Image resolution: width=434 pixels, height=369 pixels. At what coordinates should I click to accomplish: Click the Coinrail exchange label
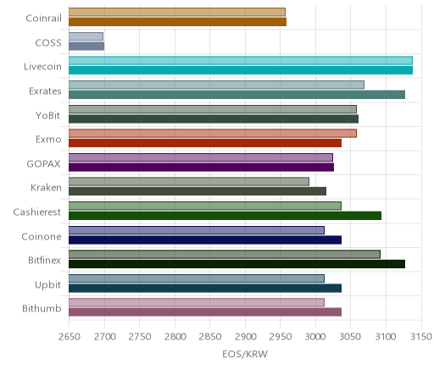click(43, 19)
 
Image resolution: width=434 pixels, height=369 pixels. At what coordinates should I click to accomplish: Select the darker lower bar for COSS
click(86, 46)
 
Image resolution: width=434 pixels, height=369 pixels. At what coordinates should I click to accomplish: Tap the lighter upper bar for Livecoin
click(241, 60)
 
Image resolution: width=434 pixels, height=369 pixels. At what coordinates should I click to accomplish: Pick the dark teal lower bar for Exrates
click(236, 95)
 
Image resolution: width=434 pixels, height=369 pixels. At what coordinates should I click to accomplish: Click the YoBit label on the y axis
click(48, 115)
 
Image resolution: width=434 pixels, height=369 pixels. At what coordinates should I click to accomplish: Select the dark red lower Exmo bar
click(205, 143)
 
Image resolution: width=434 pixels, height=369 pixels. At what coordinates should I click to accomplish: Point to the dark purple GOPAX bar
click(201, 168)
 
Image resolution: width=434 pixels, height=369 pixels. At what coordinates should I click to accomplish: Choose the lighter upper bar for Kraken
click(189, 181)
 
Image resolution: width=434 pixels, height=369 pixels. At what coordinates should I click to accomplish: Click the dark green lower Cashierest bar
click(225, 216)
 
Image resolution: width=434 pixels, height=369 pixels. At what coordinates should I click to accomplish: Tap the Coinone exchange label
click(42, 236)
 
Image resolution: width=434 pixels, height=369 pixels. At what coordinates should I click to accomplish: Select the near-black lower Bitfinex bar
click(236, 264)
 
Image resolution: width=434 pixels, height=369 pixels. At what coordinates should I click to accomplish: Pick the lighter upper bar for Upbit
click(197, 278)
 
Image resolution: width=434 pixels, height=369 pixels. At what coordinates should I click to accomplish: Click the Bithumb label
click(42, 309)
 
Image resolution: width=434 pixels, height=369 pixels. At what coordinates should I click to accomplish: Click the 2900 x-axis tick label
click(245, 337)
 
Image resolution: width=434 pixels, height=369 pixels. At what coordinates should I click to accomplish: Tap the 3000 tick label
click(315, 337)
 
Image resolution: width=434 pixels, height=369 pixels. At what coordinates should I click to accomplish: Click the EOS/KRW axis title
click(245, 354)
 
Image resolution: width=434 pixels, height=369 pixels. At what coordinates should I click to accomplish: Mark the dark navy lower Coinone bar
click(205, 240)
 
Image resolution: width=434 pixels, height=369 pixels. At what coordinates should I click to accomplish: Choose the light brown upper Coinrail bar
click(177, 12)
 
